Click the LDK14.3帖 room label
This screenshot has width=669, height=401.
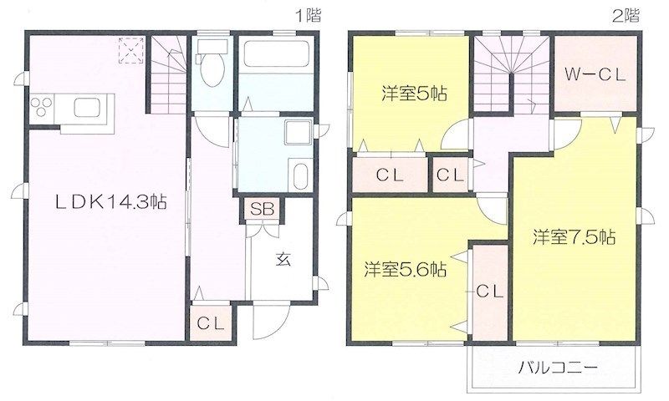[111, 202]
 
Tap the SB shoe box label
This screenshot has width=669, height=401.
[262, 209]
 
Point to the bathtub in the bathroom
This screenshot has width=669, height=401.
[276, 54]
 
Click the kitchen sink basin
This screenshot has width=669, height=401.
[87, 108]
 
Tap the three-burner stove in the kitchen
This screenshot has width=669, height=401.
[41, 107]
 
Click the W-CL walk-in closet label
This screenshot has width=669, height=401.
[595, 76]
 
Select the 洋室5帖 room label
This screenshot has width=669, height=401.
[414, 93]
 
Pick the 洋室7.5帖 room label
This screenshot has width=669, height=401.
[574, 237]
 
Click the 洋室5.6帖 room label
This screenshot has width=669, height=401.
[406, 269]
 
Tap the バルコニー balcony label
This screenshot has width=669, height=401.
[558, 367]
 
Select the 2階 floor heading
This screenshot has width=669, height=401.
[626, 16]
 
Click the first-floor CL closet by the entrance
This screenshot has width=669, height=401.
[211, 324]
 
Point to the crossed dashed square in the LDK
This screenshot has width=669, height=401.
[131, 50]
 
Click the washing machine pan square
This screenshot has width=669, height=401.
[298, 133]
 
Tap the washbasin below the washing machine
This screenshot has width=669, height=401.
[301, 176]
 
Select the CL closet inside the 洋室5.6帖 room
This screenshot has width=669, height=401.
[490, 292]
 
